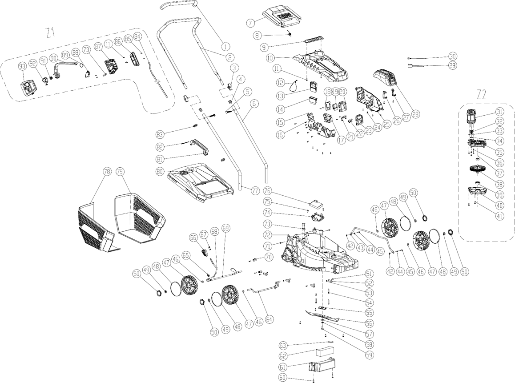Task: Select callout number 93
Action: click(x=22, y=66)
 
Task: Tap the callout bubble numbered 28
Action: click(x=416, y=114)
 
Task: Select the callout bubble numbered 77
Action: click(x=254, y=190)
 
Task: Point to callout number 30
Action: click(x=453, y=56)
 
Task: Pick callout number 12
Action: click(x=280, y=82)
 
